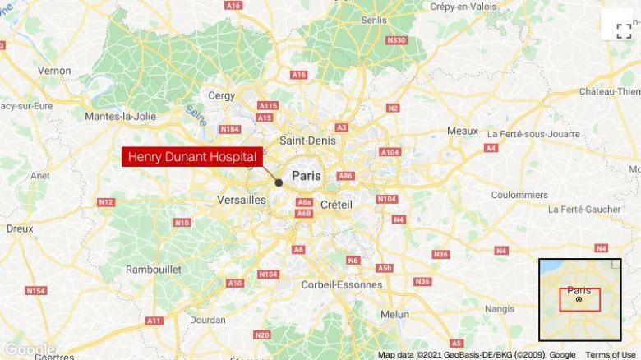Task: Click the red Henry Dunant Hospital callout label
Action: (192, 156)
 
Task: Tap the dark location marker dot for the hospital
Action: (279, 182)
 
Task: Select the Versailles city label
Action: (242, 200)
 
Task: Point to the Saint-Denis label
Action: (308, 141)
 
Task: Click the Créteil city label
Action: (335, 203)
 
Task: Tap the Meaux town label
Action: (462, 131)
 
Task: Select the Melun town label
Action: (394, 314)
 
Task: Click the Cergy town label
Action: (221, 95)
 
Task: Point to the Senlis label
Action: (373, 20)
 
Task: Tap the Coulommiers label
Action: (519, 195)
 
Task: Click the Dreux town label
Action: (20, 228)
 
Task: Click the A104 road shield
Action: (390, 152)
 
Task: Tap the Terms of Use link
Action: (611, 354)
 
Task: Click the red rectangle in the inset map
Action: (580, 299)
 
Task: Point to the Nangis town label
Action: (500, 309)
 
